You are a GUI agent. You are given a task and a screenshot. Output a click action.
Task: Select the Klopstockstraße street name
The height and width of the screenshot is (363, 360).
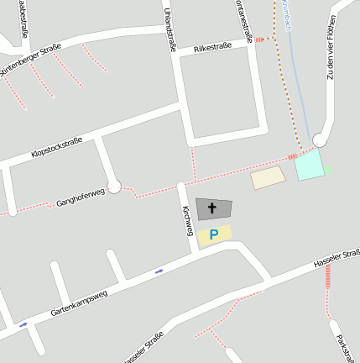pos(56,147)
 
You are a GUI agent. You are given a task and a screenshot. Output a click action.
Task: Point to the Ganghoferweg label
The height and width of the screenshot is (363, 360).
pos(80,197)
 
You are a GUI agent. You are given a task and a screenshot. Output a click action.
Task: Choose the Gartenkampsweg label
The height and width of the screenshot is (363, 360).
pos(79,300)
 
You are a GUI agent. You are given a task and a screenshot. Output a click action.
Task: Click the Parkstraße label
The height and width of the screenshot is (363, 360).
pos(343,349)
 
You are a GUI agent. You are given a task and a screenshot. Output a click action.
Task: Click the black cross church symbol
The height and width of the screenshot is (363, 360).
pos(212,208)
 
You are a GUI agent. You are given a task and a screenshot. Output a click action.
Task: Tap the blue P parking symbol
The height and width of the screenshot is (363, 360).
pos(214,234)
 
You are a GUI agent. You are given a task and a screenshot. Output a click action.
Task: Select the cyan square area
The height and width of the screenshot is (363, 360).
pos(309,165)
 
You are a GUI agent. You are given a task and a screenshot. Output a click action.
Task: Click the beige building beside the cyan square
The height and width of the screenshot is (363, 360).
pos(269,177)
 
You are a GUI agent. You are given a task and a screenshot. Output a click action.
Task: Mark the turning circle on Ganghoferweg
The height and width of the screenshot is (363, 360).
pos(114,186)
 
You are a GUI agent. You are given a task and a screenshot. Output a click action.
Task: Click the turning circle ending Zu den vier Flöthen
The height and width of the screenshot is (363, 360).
pos(319,139)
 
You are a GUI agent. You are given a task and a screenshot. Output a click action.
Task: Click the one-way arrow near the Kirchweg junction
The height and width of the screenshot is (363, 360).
pos(159,271)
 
